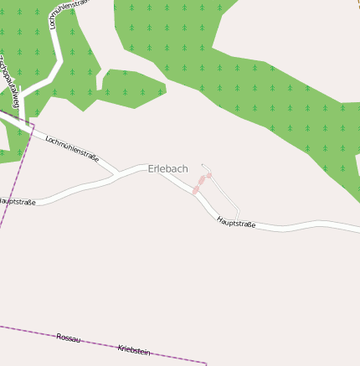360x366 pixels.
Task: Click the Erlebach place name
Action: tap(167, 169)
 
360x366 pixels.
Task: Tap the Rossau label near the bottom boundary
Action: tap(69, 338)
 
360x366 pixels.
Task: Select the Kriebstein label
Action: tap(134, 349)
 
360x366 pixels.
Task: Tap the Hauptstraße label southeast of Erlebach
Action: tap(236, 223)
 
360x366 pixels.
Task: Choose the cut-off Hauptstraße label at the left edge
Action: tap(18, 202)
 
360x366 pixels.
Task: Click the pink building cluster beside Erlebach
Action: tap(200, 183)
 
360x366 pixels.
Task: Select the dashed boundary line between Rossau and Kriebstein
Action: tap(100, 344)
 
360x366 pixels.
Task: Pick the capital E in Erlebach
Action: tap(151, 169)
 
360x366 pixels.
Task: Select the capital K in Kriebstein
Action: tap(121, 346)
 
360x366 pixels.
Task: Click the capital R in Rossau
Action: tap(59, 336)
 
